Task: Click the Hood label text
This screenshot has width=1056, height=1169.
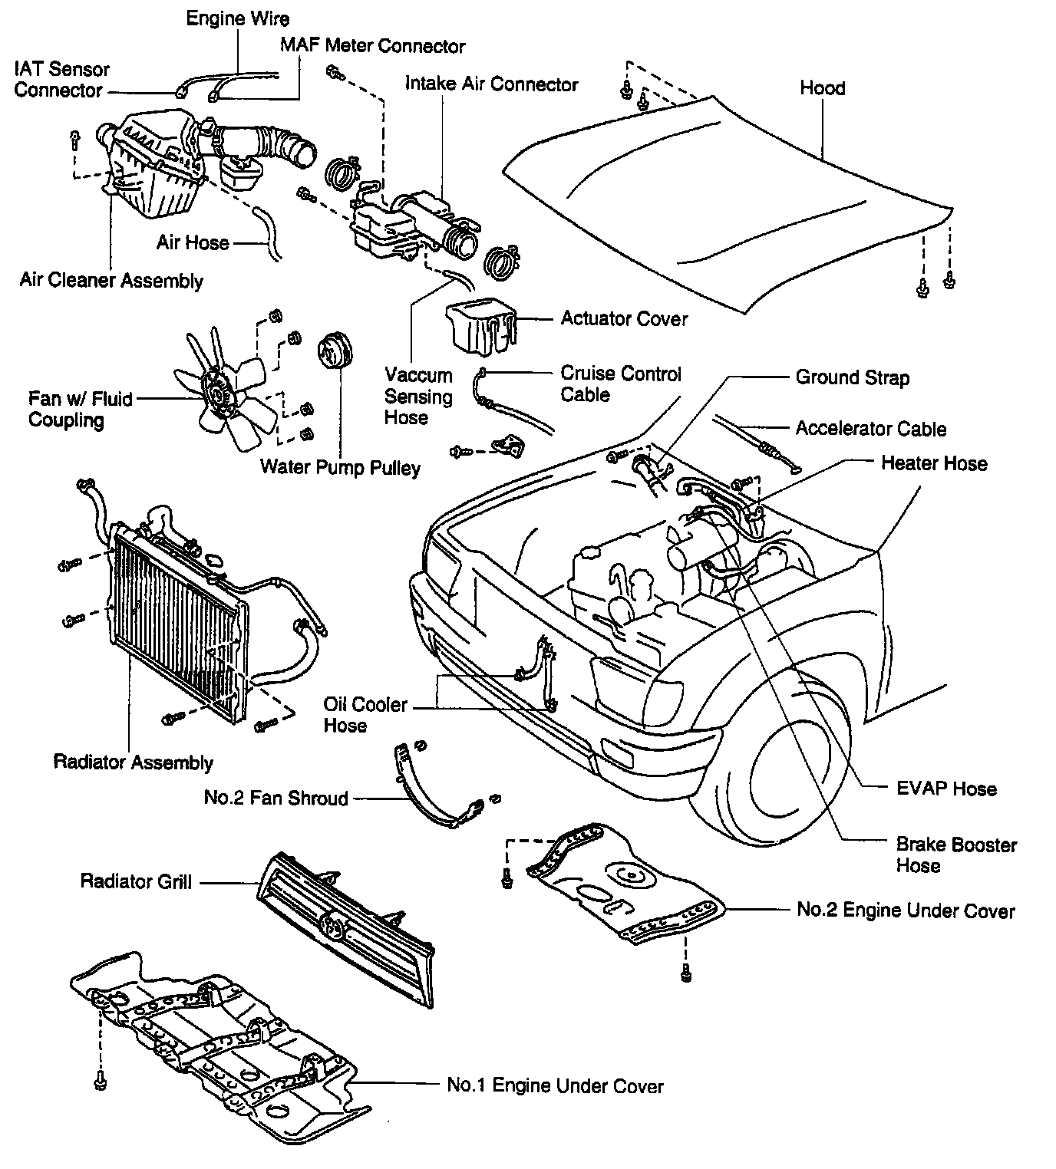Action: [822, 88]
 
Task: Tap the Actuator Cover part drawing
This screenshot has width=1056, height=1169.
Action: [480, 325]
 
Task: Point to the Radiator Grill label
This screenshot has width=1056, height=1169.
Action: [136, 881]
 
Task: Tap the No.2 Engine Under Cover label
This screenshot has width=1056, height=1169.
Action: [906, 911]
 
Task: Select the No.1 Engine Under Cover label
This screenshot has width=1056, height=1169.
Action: [555, 1085]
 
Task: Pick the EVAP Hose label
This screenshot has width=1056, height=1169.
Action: [946, 789]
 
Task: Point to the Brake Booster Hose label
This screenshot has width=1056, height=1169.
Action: [956, 855]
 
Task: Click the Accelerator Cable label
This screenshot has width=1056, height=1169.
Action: [870, 429]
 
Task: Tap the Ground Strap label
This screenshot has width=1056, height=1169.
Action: [852, 377]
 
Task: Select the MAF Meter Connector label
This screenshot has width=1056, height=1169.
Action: [372, 46]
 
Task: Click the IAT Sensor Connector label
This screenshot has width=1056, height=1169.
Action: [61, 80]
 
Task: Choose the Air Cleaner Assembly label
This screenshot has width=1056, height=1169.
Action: [111, 280]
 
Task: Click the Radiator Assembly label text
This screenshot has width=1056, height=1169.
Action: [133, 762]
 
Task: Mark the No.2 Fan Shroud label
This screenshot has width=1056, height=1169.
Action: [276, 799]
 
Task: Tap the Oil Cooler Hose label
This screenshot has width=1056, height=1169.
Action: [365, 715]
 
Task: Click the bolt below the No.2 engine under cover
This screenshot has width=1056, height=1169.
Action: [685, 973]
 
